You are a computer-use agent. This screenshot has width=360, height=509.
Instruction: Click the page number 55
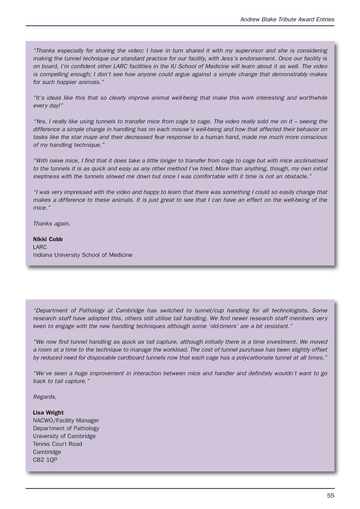click(x=330, y=496)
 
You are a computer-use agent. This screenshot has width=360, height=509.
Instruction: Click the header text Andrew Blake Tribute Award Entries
click(x=287, y=19)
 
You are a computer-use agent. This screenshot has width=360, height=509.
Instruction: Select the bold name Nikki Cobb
click(x=48, y=239)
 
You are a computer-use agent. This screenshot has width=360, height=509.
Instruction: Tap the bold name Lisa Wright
click(x=48, y=413)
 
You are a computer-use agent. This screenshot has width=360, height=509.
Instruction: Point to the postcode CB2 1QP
click(x=45, y=460)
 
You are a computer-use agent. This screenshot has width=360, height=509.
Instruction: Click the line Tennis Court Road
click(x=57, y=444)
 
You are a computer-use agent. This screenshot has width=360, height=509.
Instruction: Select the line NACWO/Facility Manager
click(x=66, y=421)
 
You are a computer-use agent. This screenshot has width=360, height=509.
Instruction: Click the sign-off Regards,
click(x=45, y=397)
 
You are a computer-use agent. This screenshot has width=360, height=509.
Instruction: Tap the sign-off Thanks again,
click(x=51, y=223)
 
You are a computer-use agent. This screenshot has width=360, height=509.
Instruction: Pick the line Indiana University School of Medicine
click(x=82, y=255)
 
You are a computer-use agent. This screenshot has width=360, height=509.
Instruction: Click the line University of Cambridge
click(x=64, y=436)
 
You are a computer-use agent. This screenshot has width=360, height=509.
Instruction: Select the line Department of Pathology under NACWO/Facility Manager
click(x=66, y=428)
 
